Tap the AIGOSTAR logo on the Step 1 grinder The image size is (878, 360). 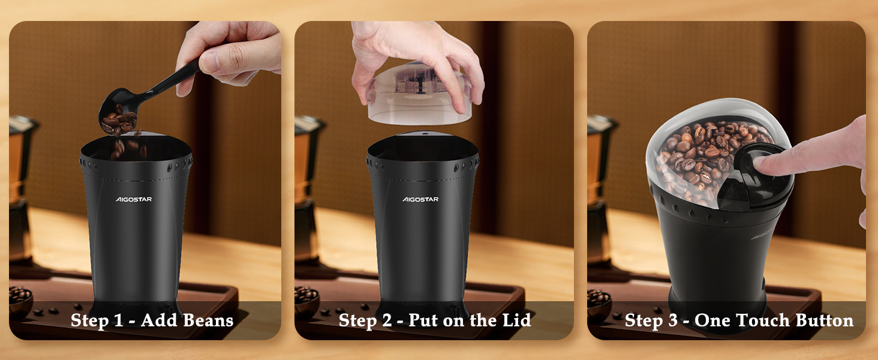pyautogui.click(x=134, y=199)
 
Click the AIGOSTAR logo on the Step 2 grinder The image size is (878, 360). pyautogui.click(x=420, y=199)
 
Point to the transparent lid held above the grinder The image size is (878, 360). pyautogui.click(x=419, y=94)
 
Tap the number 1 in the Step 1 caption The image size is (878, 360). pyautogui.click(x=118, y=320)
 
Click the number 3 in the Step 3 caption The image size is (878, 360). pyautogui.click(x=673, y=320)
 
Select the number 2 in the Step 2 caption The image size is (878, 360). pyautogui.click(x=387, y=320)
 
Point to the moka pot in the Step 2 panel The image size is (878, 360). pyautogui.click(x=309, y=188)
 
